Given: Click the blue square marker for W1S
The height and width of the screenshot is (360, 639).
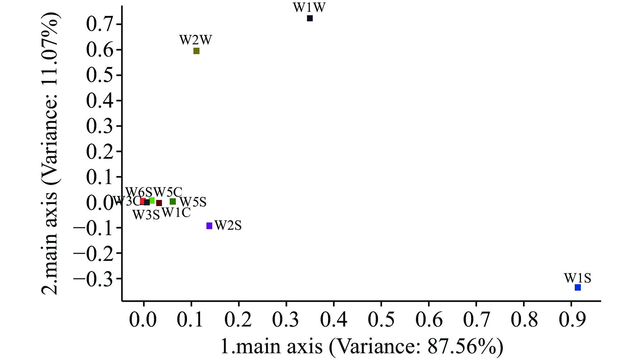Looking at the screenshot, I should pyautogui.click(x=578, y=287).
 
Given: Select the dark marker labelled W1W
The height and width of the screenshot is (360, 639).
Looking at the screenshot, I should pyautogui.click(x=310, y=18).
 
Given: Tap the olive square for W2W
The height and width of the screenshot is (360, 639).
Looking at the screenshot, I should pyautogui.click(x=196, y=51).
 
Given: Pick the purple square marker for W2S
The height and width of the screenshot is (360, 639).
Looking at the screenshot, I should pyautogui.click(x=209, y=226).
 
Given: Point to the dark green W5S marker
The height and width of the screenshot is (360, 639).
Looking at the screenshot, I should pyautogui.click(x=173, y=202).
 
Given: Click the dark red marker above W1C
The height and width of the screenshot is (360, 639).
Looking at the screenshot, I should pyautogui.click(x=159, y=203).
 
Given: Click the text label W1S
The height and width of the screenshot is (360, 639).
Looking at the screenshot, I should pyautogui.click(x=577, y=278).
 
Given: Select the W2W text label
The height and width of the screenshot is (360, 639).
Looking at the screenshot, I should pyautogui.click(x=196, y=40).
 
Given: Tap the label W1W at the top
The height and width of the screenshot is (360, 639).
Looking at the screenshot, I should pyautogui.click(x=309, y=7).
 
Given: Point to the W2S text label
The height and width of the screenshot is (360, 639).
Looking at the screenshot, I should pyautogui.click(x=228, y=225).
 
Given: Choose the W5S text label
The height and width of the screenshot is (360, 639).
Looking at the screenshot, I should pyautogui.click(x=193, y=202).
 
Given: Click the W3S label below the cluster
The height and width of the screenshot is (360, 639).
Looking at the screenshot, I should pyautogui.click(x=146, y=215).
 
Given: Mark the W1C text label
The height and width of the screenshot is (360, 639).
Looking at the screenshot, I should pyautogui.click(x=176, y=213).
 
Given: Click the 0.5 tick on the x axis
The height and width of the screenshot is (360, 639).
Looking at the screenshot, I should pyautogui.click(x=381, y=319).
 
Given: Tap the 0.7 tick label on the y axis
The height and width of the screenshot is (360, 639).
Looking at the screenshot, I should pyautogui.click(x=100, y=24).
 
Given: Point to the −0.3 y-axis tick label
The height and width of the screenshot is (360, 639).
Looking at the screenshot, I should pyautogui.click(x=94, y=278).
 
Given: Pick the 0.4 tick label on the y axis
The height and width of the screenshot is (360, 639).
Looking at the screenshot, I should pyautogui.click(x=100, y=100).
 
